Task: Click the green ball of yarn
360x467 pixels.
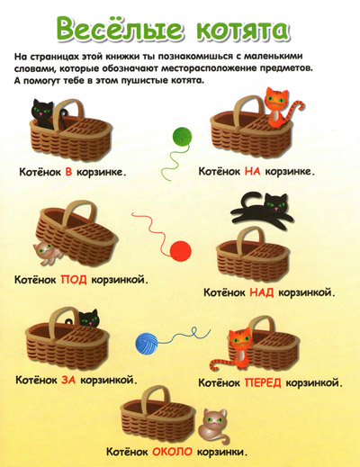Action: [x=183, y=137]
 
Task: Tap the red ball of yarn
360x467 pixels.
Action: [x=181, y=251]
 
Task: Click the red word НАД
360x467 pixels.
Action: [x=262, y=292]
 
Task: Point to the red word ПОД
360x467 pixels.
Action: [x=74, y=280]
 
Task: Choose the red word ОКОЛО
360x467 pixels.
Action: [x=172, y=452]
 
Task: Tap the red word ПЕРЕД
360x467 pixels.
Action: [x=263, y=382]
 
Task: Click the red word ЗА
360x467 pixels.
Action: [x=68, y=380]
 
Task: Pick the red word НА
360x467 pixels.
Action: [x=252, y=171]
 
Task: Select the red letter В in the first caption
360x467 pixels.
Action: [x=68, y=172]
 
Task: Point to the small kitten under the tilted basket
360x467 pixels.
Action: [x=47, y=253]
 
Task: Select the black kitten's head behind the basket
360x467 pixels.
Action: [x=89, y=319]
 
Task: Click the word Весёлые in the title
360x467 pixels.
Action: [x=120, y=28]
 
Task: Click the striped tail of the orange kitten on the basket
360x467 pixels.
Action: [x=294, y=112]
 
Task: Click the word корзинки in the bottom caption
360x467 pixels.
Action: [x=222, y=452]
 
